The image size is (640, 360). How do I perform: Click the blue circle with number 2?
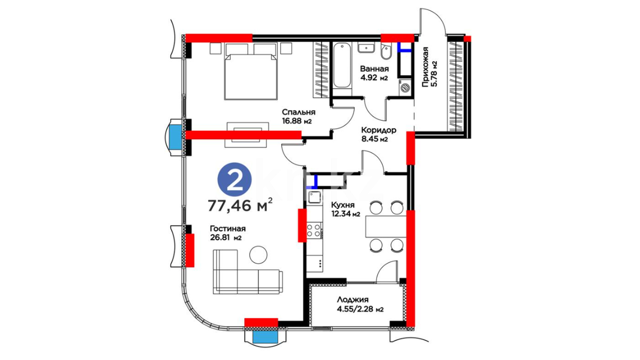(x=234, y=180)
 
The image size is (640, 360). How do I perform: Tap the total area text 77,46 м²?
(x=240, y=205)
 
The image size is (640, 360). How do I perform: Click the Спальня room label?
(x=298, y=112)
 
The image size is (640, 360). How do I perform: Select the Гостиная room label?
(x=228, y=229)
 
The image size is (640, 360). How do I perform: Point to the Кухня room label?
(x=343, y=205)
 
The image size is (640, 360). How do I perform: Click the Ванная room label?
(x=374, y=69)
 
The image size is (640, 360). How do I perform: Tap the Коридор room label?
(x=379, y=130)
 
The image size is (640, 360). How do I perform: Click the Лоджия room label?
(x=353, y=300)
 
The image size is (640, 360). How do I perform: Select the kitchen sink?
(x=314, y=197)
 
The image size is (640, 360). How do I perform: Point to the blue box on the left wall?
(x=175, y=137)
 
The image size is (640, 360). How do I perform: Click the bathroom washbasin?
(x=366, y=48)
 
